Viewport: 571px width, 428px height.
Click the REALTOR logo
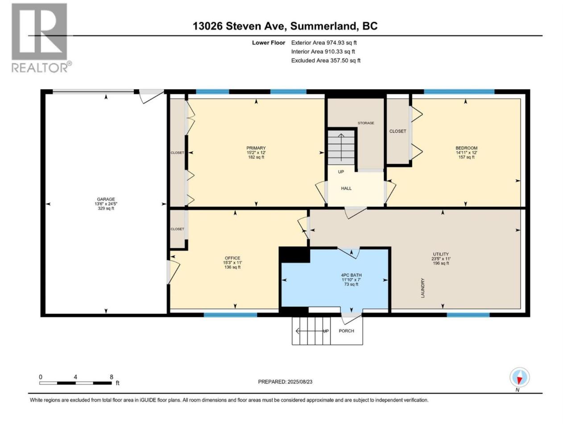coord(41,38)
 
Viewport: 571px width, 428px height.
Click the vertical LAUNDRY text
coord(422,288)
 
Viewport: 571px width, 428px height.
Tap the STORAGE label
coord(366,123)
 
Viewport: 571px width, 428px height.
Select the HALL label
coord(346,188)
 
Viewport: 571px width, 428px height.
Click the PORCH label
coord(346,331)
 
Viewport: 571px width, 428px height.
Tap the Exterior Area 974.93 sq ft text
coord(324,43)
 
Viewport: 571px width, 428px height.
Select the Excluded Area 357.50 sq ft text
coord(326,61)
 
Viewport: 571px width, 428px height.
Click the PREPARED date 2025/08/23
coord(285,382)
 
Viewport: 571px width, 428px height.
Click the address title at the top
coord(285,26)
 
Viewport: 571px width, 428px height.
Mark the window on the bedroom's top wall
coord(459,91)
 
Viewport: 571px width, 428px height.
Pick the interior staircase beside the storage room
coord(341,147)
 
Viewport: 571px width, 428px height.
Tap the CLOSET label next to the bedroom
coord(397,131)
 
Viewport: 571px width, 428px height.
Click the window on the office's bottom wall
coord(230,315)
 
